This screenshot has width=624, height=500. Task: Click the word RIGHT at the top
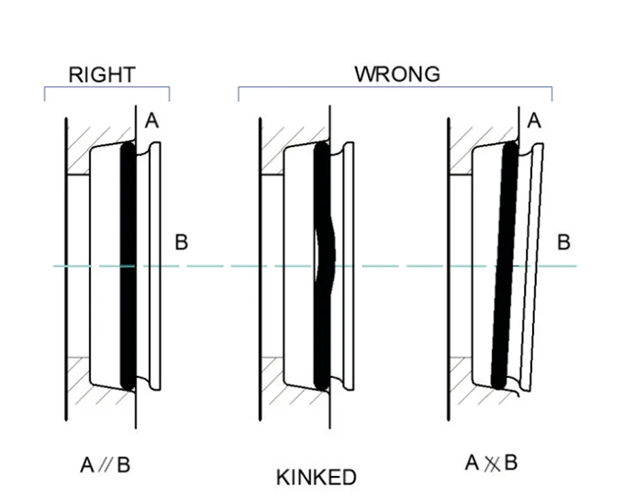[102, 74]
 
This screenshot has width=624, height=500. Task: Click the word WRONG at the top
[397, 74]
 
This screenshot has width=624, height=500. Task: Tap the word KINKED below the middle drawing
[316, 477]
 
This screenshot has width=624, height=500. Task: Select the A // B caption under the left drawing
[106, 465]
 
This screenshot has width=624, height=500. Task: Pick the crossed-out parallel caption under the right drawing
[492, 462]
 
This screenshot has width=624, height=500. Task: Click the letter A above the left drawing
[151, 121]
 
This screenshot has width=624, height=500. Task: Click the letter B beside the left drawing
[181, 243]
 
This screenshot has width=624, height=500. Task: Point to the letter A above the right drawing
[534, 121]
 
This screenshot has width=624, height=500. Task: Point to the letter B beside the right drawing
[563, 243]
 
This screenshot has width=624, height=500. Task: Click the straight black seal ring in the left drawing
[128, 266]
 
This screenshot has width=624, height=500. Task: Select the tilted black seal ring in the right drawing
[504, 266]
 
